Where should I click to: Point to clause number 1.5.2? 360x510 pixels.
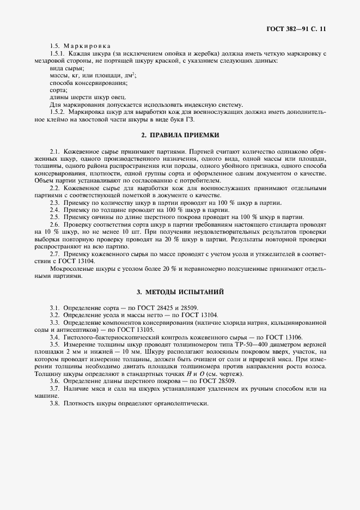(58, 111)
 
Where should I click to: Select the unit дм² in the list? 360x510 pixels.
(130, 75)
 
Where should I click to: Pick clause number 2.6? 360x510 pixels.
(54, 224)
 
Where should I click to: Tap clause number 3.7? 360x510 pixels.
(54, 390)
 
